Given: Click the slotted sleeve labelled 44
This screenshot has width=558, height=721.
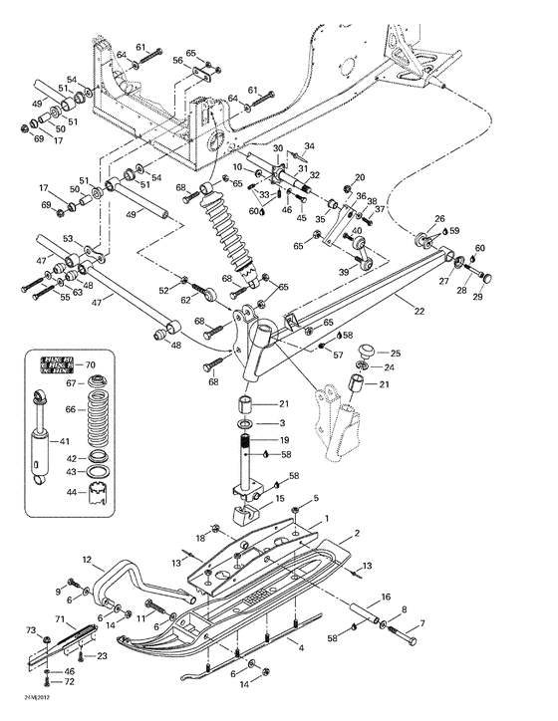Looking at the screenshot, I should click(x=98, y=491).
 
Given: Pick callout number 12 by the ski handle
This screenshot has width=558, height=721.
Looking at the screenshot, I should click(x=87, y=560).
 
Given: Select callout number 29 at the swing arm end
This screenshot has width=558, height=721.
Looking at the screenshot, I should click(x=478, y=297).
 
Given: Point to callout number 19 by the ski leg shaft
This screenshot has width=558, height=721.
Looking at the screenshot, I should click(x=284, y=439).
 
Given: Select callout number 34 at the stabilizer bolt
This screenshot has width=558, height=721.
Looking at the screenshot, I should click(x=308, y=145).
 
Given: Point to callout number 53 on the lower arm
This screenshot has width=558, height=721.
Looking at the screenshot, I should click(x=69, y=239).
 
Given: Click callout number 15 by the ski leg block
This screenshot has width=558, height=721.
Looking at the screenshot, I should click(x=280, y=498).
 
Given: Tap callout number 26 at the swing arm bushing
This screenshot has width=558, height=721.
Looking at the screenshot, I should click(x=439, y=218).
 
